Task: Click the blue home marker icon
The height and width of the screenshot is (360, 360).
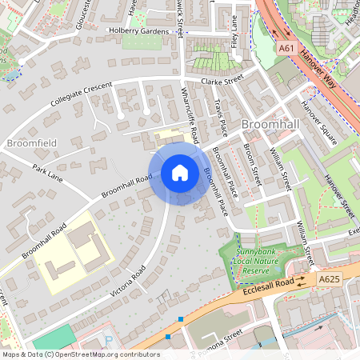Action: [x=180, y=172]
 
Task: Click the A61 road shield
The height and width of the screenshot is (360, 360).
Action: [x=286, y=49]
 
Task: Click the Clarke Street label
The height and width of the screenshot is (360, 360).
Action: [x=222, y=81]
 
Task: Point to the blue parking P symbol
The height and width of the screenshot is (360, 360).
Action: [x=109, y=340]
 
